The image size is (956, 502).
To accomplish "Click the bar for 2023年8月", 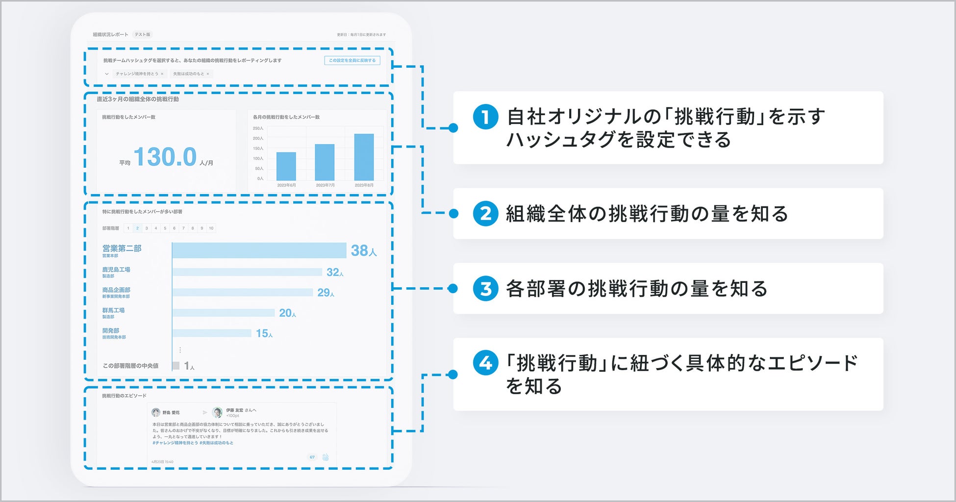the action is (364, 157).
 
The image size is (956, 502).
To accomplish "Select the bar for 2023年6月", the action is (286, 166).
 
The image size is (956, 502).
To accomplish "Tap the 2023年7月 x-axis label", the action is (325, 185).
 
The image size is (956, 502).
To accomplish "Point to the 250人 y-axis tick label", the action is (258, 128).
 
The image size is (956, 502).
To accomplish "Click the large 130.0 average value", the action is (165, 157).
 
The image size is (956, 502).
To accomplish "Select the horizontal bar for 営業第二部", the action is (259, 251).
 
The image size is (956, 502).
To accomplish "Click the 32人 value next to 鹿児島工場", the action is (335, 273).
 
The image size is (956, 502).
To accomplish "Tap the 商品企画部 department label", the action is (116, 290).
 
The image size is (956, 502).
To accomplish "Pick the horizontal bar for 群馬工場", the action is (224, 313).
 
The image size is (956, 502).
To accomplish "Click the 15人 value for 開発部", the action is (264, 334).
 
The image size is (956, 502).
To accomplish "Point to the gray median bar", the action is (176, 366).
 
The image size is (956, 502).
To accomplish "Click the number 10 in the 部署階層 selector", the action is (211, 228).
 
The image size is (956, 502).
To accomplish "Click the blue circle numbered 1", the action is (485, 117).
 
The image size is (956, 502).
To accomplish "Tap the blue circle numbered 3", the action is (485, 289).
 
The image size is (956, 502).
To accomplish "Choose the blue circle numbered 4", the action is (485, 363).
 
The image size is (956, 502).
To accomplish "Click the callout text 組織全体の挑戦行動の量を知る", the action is (647, 214).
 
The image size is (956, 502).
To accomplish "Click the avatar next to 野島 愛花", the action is (156, 412).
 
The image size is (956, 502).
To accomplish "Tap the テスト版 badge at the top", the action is (143, 34).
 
